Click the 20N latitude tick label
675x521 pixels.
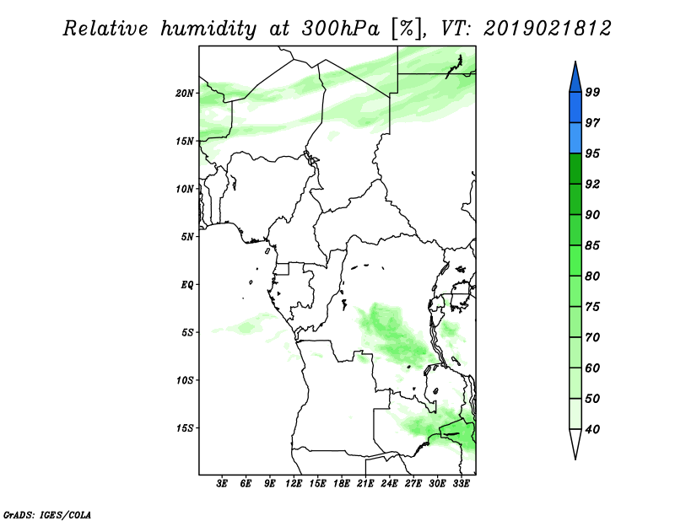coord(185,94)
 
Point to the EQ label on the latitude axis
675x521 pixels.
coord(186,285)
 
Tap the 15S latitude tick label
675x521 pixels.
coord(185,428)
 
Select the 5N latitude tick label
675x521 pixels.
coord(187,237)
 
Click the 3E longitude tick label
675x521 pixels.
coord(222,484)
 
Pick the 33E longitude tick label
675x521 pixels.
coord(461,484)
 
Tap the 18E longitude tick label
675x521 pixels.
coord(342,484)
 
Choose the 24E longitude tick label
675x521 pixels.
coord(389,484)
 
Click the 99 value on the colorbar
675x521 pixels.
coord(592,92)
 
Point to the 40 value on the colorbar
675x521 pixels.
coord(592,429)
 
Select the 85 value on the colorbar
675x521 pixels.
coord(592,245)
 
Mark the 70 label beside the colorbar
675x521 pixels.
coord(592,337)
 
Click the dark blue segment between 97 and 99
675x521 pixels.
coord(575,108)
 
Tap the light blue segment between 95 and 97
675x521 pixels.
coord(575,138)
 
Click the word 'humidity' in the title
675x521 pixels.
coord(208,29)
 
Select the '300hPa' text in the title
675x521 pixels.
coord(341,29)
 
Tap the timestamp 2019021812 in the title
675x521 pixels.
coord(547,29)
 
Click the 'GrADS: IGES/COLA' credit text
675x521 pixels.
coord(47,514)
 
